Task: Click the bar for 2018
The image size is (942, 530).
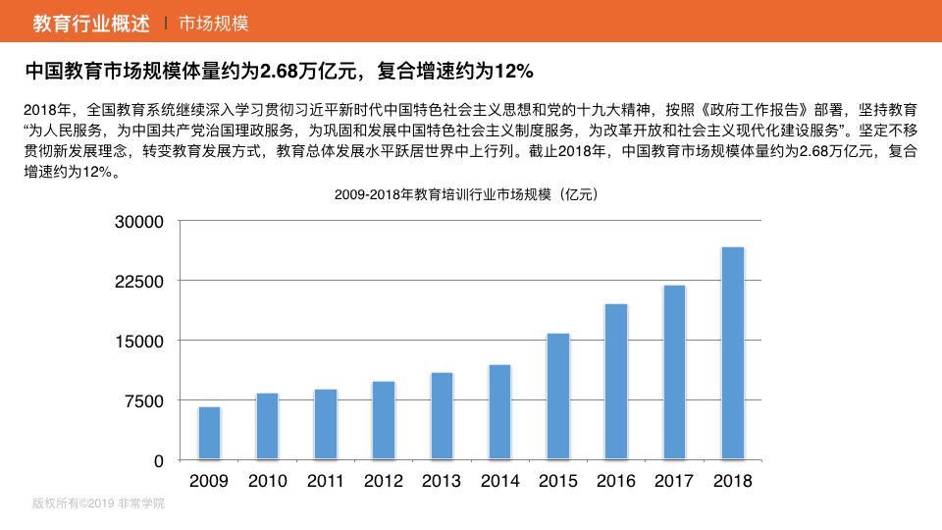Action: (x=732, y=353)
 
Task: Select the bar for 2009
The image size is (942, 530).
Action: (x=209, y=433)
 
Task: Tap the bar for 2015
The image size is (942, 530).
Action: (x=557, y=397)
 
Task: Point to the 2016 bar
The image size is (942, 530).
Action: (x=616, y=382)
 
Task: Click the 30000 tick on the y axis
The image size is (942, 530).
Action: (x=140, y=222)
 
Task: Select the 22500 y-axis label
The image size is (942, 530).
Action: (x=140, y=282)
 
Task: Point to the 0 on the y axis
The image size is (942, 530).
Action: (x=158, y=460)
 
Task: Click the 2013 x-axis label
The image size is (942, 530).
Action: (x=442, y=481)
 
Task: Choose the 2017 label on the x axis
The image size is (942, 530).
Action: (x=674, y=481)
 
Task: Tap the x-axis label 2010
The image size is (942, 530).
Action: (x=267, y=481)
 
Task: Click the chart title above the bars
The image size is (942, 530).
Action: (x=465, y=194)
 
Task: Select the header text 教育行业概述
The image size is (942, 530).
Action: (x=91, y=22)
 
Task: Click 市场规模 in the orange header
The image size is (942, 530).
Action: (x=214, y=22)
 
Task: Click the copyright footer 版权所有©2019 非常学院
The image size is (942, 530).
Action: (x=98, y=503)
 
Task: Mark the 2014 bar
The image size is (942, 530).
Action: (x=499, y=412)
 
